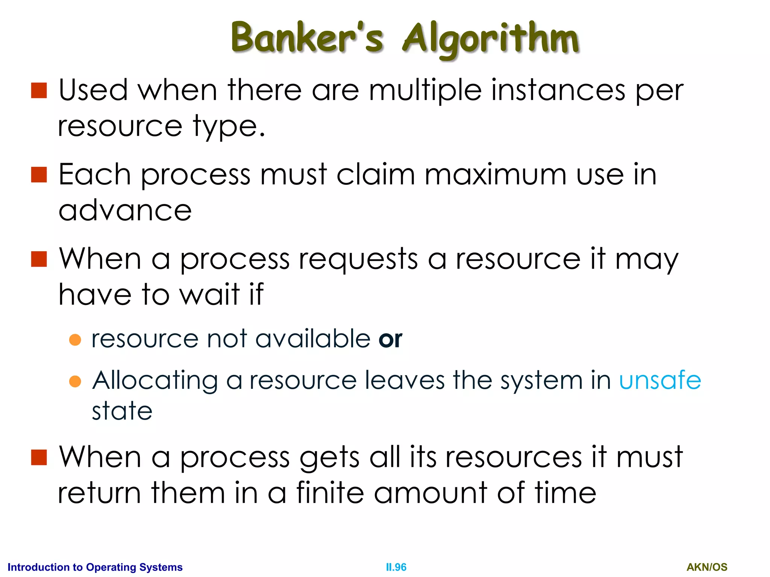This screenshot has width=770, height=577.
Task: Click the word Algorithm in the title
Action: [490, 39]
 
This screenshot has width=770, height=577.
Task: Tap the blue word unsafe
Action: [660, 380]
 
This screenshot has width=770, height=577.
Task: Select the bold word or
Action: [390, 339]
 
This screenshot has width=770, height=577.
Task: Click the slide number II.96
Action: [396, 567]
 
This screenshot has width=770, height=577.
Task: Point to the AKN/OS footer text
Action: [707, 567]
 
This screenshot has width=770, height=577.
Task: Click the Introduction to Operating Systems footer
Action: [95, 567]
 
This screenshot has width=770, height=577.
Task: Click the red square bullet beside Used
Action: [39, 91]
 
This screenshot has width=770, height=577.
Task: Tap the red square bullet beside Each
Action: [39, 175]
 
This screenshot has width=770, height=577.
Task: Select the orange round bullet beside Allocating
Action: [75, 381]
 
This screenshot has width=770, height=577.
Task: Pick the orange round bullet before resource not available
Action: [75, 340]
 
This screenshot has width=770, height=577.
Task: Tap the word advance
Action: [125, 210]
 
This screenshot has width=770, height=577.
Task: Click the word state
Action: [122, 411]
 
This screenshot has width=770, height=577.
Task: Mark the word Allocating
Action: [155, 381]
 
